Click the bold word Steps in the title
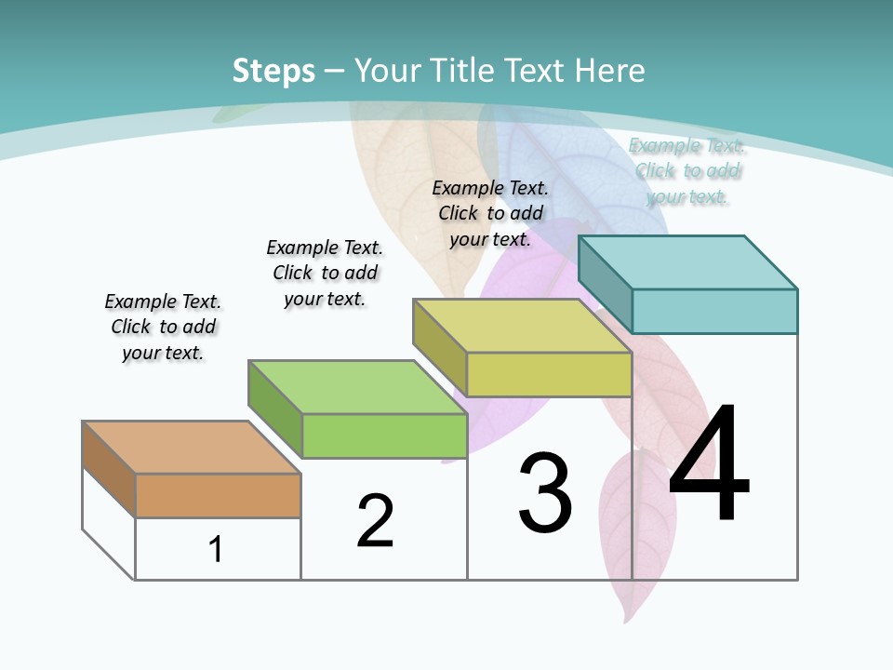click(273, 71)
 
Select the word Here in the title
click(610, 71)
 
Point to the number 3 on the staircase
click(545, 493)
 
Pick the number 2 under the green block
click(375, 520)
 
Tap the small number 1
click(216, 549)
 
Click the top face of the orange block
click(191, 448)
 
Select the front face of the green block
click(384, 435)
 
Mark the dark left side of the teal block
click(605, 283)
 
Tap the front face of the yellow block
click(549, 374)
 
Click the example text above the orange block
click(163, 327)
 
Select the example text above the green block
click(325, 273)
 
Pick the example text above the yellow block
click(490, 213)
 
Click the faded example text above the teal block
click(686, 170)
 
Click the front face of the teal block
click(714, 311)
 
